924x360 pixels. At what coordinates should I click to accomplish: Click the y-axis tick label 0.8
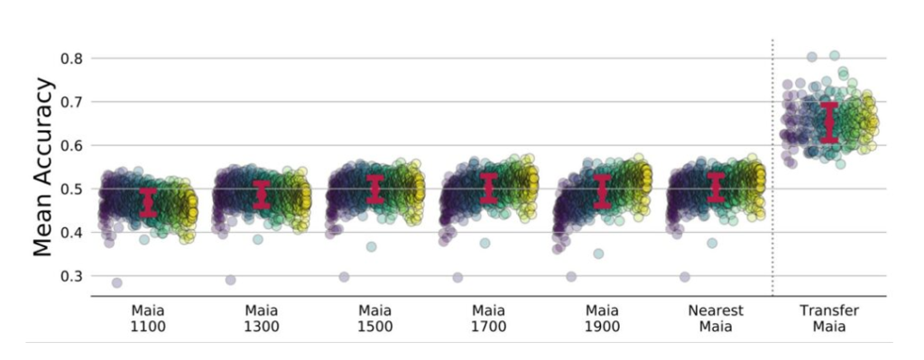71,59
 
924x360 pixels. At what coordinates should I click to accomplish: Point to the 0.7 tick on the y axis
71,102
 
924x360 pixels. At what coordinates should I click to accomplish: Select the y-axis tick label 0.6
71,145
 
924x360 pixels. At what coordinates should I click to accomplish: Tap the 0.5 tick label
71,189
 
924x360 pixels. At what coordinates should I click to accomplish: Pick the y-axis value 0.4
71,233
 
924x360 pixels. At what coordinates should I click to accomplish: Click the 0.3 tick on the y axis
71,276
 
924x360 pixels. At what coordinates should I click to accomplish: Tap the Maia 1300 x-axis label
262,318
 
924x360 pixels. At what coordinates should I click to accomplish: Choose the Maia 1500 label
375,318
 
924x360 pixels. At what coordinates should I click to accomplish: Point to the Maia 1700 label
489,318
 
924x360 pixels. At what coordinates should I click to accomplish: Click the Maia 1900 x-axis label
603,318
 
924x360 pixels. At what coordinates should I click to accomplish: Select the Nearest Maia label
716,318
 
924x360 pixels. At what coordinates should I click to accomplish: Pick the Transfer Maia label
829,318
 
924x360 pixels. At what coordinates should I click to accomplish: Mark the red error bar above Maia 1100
149,203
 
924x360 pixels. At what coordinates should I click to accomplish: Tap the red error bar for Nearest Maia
716,187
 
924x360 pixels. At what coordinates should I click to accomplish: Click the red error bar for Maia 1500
375,189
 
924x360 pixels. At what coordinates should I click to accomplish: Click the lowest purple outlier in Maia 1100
116,282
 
